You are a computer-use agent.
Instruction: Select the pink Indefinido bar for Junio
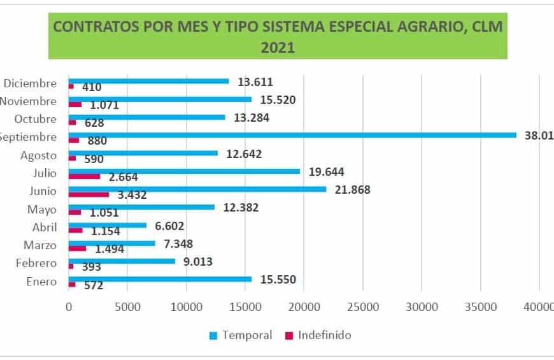(x=89, y=194)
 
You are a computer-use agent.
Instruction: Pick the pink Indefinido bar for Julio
(x=84, y=176)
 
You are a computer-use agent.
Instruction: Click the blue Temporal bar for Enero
(x=160, y=279)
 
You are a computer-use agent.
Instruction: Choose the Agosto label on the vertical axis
(x=39, y=155)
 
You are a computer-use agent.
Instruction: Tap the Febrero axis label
(x=36, y=263)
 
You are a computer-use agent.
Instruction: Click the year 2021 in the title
(x=278, y=47)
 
